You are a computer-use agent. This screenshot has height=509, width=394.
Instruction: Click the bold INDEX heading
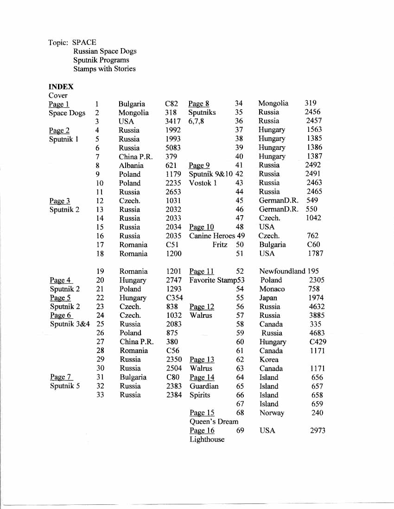61,87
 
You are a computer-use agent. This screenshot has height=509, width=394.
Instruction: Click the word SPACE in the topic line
84,43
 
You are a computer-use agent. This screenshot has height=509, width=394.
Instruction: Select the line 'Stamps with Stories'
104,69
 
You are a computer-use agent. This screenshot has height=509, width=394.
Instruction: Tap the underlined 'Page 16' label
202,431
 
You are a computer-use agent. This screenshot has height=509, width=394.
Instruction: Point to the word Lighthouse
207,440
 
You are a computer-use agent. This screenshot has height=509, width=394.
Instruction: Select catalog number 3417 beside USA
173,121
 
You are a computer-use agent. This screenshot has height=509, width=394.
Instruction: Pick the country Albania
131,165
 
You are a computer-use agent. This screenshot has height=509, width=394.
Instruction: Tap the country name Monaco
272,289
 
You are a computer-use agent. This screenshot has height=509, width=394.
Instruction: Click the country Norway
272,413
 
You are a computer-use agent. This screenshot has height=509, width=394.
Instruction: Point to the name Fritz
220,245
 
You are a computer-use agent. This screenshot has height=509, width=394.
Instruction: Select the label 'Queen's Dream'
214,422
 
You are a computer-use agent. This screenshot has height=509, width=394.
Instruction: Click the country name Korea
269,360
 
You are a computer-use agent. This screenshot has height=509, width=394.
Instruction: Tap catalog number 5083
173,148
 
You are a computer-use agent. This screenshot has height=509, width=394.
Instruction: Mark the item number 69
240,431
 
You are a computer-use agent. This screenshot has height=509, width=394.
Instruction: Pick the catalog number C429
318,342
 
